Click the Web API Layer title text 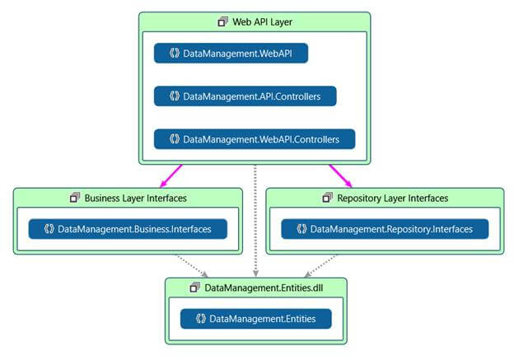(263, 21)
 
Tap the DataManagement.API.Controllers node (245, 96)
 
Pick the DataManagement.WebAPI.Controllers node (255, 139)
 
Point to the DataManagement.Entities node (256, 318)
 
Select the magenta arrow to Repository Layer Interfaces (340, 175)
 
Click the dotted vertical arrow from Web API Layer (256, 218)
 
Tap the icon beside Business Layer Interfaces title (75, 198)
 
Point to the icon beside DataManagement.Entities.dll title (195, 287)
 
